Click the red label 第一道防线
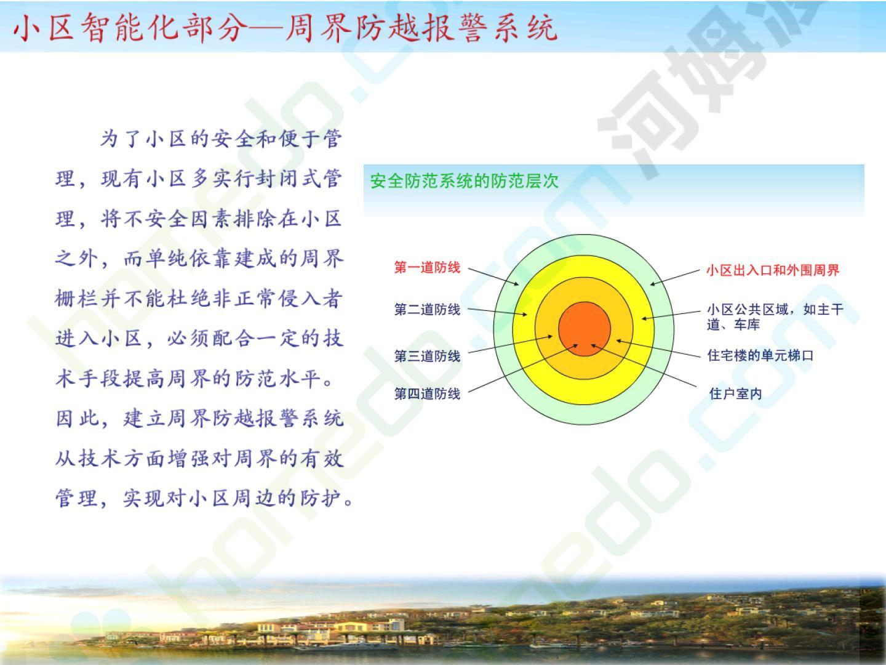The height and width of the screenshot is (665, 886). [x=427, y=267]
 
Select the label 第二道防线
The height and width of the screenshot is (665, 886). [x=427, y=310]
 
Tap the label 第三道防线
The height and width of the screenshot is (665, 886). [x=427, y=356]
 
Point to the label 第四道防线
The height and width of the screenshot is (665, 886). [x=427, y=393]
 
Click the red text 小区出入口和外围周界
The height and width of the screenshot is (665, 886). [x=773, y=270]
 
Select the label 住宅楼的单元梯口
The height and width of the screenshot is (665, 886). [x=760, y=355]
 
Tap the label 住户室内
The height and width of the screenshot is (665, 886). [x=735, y=393]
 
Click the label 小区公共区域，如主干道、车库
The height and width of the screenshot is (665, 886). [x=775, y=317]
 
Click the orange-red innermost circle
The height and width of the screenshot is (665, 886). [x=585, y=329]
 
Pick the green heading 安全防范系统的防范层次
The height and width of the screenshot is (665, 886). [x=464, y=181]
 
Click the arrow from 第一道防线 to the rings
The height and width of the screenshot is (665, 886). [x=493, y=276]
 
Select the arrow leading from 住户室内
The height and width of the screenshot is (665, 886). [x=644, y=365]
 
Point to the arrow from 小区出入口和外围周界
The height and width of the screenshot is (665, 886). [x=675, y=277]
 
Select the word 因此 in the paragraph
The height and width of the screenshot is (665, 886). [x=77, y=418]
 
